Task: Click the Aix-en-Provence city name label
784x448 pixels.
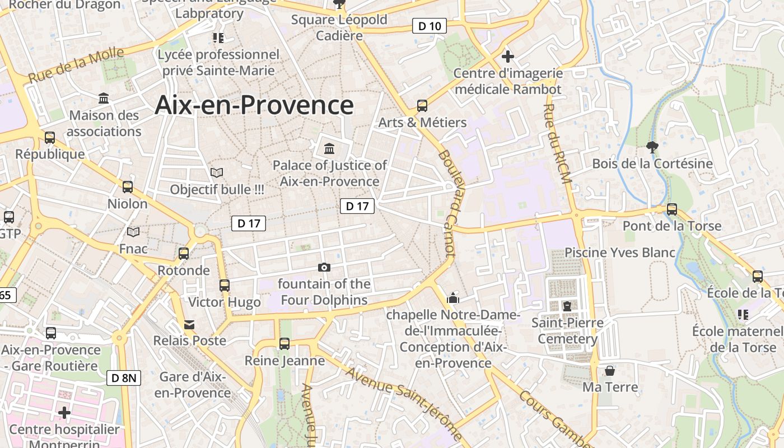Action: (254, 105)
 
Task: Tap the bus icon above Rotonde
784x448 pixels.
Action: (184, 253)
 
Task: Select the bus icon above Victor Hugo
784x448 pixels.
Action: (225, 285)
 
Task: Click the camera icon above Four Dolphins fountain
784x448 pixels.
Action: (324, 267)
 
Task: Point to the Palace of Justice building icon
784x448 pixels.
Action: (329, 149)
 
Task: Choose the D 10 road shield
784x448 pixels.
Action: (429, 26)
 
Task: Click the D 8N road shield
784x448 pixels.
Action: (124, 378)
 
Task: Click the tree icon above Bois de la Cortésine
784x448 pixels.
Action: (652, 147)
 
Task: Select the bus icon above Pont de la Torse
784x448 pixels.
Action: (672, 209)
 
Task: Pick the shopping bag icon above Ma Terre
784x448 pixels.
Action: (610, 371)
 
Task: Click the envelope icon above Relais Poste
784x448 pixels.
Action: (190, 324)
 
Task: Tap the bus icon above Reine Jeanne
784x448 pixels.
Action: (284, 343)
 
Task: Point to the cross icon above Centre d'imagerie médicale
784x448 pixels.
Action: (508, 57)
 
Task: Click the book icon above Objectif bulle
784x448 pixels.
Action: (217, 173)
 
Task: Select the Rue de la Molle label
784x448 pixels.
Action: (76, 66)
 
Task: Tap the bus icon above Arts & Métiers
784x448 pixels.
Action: (422, 106)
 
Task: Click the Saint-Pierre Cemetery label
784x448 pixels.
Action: (567, 330)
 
